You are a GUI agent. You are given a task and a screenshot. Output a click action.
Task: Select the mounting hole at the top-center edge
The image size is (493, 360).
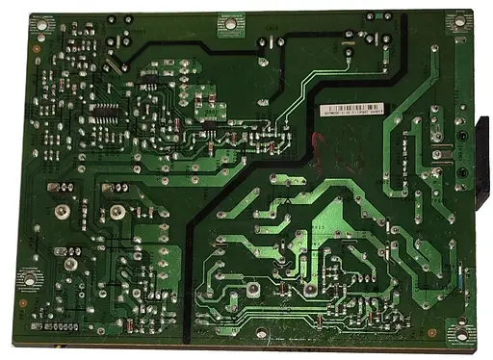coord(230,21)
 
